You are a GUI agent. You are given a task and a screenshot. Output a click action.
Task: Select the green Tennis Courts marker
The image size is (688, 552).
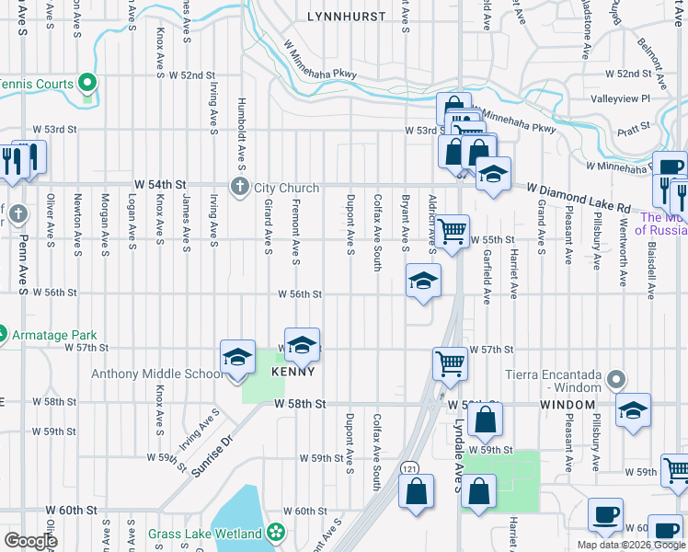point(88,84)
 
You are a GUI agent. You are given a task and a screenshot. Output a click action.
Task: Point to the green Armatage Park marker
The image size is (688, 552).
point(2,335)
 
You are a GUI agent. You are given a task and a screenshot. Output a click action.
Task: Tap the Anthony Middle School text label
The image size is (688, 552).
point(156,374)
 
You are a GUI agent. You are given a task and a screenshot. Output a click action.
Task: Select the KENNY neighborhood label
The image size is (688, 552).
point(293,372)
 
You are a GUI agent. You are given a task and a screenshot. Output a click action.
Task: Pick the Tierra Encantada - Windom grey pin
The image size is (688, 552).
point(617,377)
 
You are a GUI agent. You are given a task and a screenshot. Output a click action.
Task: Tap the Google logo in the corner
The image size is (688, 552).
point(29,540)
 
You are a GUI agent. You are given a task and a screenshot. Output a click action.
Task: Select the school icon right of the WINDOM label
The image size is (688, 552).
point(633,410)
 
